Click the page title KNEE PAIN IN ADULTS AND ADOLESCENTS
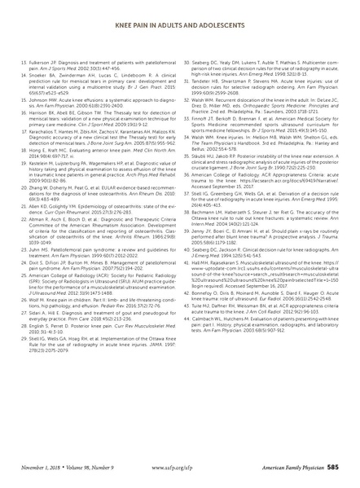point(179,11)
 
